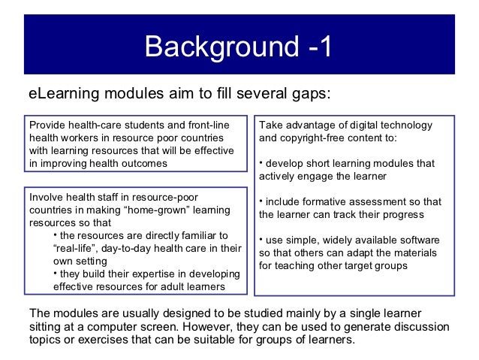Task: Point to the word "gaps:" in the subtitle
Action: (309, 94)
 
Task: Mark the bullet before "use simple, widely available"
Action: (261, 241)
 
